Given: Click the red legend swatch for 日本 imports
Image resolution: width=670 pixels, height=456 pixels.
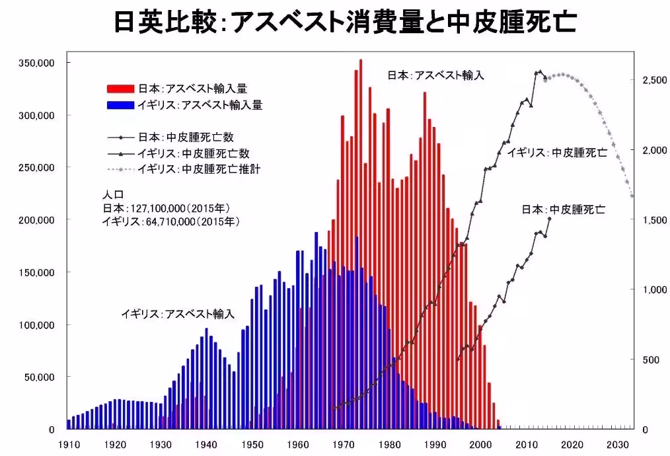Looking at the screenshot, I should pyautogui.click(x=121, y=89).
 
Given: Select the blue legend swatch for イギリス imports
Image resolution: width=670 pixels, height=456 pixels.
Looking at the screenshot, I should pyautogui.click(x=121, y=105).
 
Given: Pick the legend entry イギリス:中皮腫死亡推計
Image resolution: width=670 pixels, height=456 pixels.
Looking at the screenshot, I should pyautogui.click(x=198, y=169).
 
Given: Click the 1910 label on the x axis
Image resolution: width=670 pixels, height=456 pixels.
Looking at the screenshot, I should pyautogui.click(x=68, y=444).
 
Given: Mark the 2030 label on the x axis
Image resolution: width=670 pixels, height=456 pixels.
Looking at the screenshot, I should pyautogui.click(x=618, y=444).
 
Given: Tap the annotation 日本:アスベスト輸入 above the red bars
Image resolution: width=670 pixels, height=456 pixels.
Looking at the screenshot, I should pyautogui.click(x=435, y=75).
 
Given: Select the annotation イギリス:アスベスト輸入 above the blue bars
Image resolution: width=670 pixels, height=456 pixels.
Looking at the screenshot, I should pyautogui.click(x=178, y=313).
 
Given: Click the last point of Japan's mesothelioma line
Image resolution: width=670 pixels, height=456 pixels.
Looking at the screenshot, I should pyautogui.click(x=549, y=218).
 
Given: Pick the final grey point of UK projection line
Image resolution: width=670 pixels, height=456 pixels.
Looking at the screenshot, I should pyautogui.click(x=632, y=196).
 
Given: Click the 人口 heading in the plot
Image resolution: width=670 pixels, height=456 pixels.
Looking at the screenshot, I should pyautogui.click(x=111, y=196).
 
